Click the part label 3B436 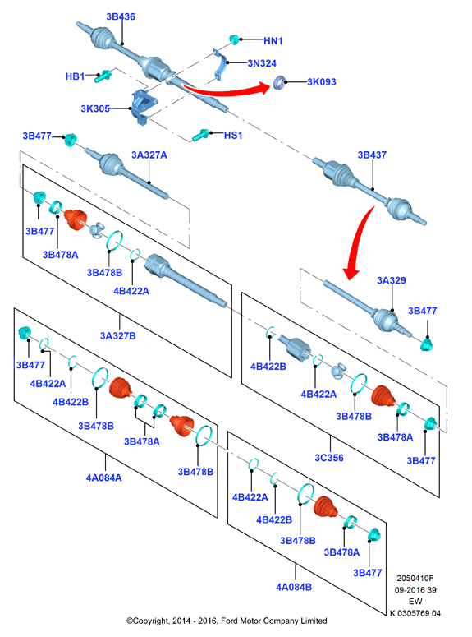[121, 16]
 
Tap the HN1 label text [273, 41]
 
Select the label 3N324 [262, 63]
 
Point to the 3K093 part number [322, 82]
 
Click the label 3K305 [95, 108]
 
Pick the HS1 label [233, 136]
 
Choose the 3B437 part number [372, 155]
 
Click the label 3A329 [392, 281]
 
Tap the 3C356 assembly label [329, 459]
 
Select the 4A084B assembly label [294, 588]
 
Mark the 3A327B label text [118, 336]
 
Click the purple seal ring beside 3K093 [279, 82]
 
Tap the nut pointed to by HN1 [234, 39]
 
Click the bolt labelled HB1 [103, 76]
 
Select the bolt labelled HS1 [201, 135]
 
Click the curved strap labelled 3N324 [221, 65]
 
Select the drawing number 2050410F [415, 578]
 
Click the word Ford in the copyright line [229, 621]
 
